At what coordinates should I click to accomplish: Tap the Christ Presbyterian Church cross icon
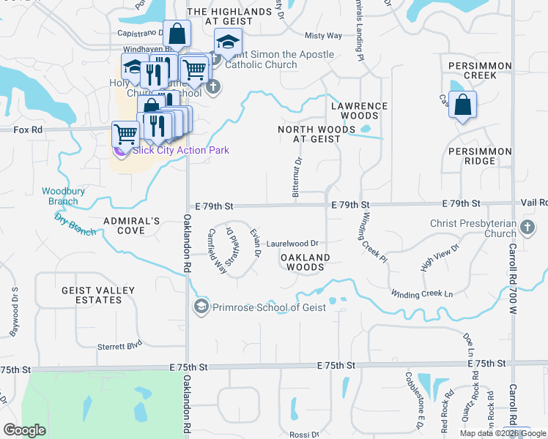(527, 228)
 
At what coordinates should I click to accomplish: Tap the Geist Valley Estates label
(98, 296)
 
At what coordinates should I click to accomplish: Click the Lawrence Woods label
(359, 110)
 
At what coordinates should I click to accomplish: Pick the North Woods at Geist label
(308, 133)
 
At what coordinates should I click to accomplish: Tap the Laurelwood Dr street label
(292, 244)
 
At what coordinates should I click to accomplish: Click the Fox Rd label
(28, 129)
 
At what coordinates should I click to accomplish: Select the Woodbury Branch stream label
(60, 196)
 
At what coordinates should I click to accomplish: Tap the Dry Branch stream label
(75, 224)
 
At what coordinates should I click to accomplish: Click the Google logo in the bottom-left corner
(23, 430)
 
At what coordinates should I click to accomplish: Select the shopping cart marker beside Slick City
(125, 135)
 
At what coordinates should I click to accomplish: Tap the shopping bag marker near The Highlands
(177, 34)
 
